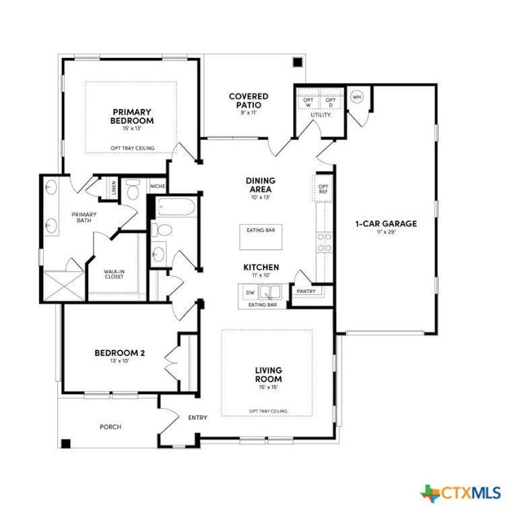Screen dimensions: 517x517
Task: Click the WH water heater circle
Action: pos(357,97)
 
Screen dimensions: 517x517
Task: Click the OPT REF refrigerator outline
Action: pos(323,188)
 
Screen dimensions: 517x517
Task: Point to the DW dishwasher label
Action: pos(250,292)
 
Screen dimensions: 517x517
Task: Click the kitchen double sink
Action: pos(270,291)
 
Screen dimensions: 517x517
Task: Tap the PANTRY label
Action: pos(306,291)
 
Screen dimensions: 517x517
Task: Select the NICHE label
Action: pos(158,186)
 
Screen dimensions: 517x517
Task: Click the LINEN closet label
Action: pos(114,188)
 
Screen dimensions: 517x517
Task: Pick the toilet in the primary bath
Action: pos(133,189)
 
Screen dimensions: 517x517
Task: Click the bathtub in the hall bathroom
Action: pos(175,207)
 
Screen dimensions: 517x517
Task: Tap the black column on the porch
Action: pos(66,444)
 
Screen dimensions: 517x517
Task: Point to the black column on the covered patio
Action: pos(298,62)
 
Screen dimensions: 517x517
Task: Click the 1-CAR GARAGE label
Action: pos(386,223)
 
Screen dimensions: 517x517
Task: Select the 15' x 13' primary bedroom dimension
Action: pos(132,129)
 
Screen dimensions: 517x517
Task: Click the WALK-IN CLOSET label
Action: pos(114,274)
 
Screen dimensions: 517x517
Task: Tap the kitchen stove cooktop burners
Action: pos(324,242)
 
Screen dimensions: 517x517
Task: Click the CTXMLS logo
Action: pos(460,493)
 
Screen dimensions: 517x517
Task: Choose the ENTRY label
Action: pos(197,418)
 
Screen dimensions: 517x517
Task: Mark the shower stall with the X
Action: pos(64,285)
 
